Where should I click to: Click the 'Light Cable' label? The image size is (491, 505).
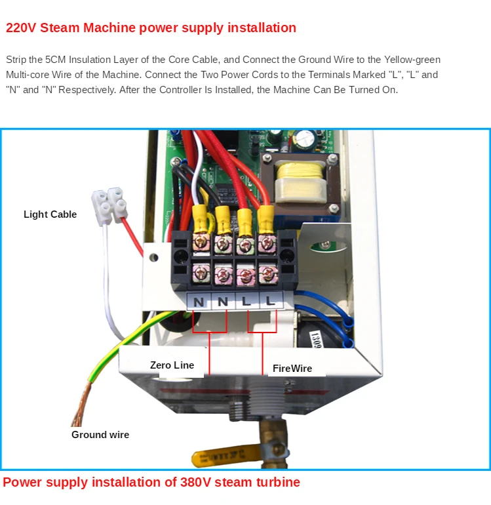[x=50, y=214]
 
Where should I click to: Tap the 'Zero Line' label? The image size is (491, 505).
[x=172, y=365]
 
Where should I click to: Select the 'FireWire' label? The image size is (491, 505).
[x=292, y=369]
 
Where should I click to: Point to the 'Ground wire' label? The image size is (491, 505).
[x=100, y=435]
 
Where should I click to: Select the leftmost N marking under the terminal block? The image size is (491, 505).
[x=197, y=303]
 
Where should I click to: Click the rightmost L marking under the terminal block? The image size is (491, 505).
[x=269, y=303]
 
